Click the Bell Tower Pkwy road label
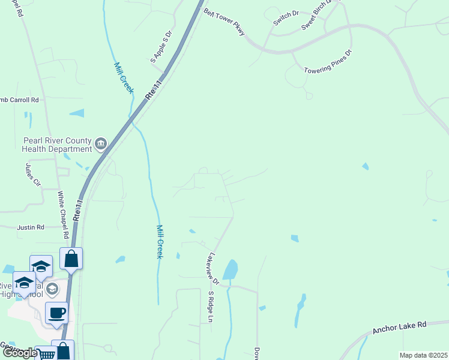pyautogui.click(x=224, y=22)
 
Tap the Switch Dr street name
pyautogui.click(x=286, y=19)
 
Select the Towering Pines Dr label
pyautogui.click(x=327, y=61)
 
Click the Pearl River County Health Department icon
pyautogui.click(x=101, y=143)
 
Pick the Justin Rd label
pyautogui.click(x=31, y=227)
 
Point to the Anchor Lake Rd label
pyautogui.click(x=399, y=327)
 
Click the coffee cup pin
pyautogui.click(x=57, y=313)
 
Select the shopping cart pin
pyautogui.click(x=46, y=355)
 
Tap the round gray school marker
pyautogui.click(x=52, y=289)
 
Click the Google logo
pyautogui.click(x=19, y=353)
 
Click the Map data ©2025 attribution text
pyautogui.click(x=423, y=355)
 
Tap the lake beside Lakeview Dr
pyautogui.click(x=231, y=269)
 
